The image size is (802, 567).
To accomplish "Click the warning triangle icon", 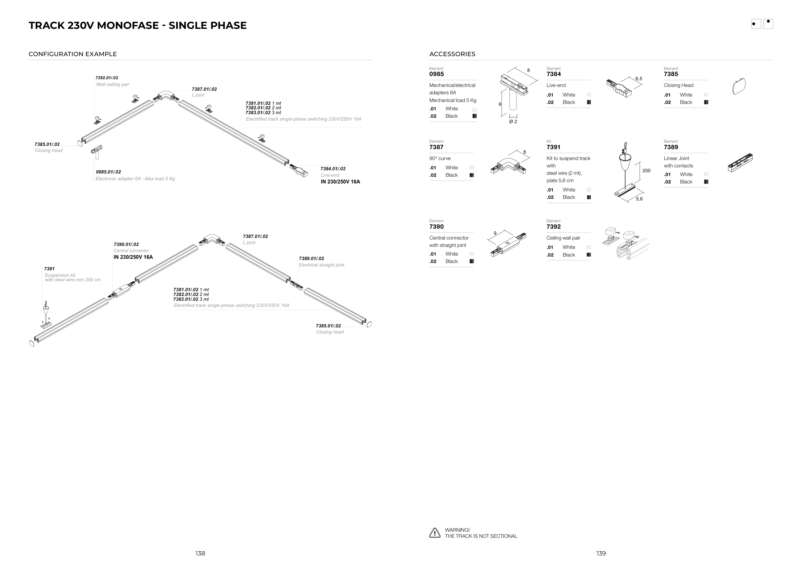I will [435, 533].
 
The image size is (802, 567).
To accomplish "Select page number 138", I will [200, 554].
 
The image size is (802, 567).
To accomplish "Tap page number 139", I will [601, 554].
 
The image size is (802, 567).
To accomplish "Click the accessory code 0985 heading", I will [436, 74].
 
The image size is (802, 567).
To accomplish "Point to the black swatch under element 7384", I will [589, 102].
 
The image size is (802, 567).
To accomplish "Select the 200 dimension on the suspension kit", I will [646, 171].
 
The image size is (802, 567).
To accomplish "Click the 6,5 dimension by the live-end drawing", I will [638, 79].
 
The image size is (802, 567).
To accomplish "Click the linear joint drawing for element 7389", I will [740, 163].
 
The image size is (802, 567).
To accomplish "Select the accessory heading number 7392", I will [553, 227].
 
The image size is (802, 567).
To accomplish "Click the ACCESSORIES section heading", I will [452, 54].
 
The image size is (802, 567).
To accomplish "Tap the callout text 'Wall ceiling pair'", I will [113, 84].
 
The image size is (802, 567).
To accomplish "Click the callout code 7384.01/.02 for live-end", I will [333, 169].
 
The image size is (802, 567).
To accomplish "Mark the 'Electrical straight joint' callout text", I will [321, 265].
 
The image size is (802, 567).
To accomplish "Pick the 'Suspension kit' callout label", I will [60, 275].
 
